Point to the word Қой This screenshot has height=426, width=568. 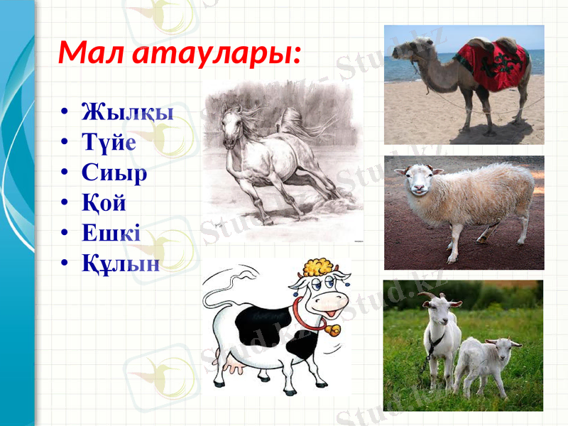click(104, 203)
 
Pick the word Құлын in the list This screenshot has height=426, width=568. click(120, 263)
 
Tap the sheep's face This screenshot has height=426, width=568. click(417, 182)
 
